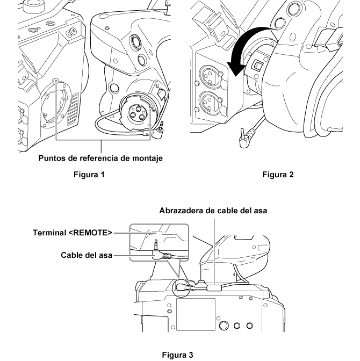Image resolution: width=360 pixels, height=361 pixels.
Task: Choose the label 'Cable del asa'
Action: [86, 255]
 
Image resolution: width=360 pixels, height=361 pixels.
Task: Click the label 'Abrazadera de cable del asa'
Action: [213, 211]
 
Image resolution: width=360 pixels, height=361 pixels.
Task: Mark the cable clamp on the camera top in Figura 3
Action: [213, 288]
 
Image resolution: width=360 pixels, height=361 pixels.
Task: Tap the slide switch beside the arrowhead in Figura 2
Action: [257, 66]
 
